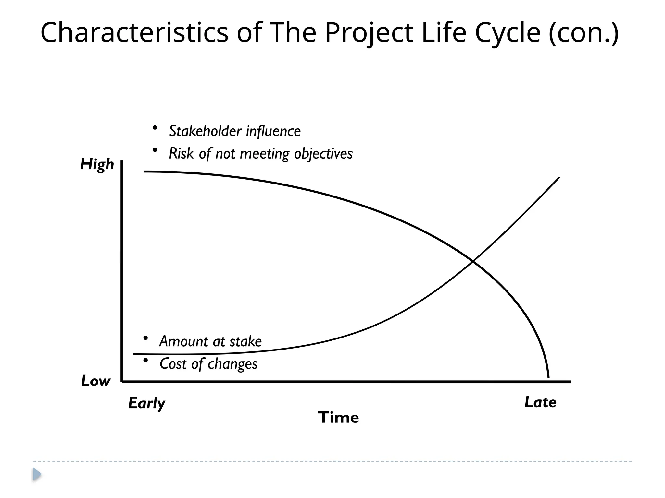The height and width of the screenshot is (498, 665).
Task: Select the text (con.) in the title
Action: (x=583, y=33)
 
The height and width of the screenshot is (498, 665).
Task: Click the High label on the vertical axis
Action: (x=97, y=164)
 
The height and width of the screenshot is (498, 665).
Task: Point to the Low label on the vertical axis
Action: (x=95, y=381)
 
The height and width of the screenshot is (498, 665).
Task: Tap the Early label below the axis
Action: (x=146, y=403)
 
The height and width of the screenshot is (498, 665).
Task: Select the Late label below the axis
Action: (x=540, y=402)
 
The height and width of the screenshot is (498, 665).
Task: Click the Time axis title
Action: (x=338, y=417)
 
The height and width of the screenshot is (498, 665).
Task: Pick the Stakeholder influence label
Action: (x=235, y=131)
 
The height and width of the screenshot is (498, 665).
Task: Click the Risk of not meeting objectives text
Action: (x=261, y=154)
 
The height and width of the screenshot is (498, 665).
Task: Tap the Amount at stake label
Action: (x=210, y=341)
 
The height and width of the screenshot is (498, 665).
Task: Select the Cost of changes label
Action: (x=208, y=364)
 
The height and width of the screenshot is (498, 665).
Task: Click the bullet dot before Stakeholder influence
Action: (x=155, y=128)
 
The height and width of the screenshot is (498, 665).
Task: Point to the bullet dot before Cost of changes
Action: (x=145, y=360)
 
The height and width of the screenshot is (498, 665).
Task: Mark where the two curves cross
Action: (x=473, y=261)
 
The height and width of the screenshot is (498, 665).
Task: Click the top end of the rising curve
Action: (x=559, y=177)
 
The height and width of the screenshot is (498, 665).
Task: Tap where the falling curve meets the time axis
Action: (x=548, y=378)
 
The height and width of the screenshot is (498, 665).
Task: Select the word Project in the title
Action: (x=369, y=32)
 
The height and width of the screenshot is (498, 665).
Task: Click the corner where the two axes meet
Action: (x=122, y=382)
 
